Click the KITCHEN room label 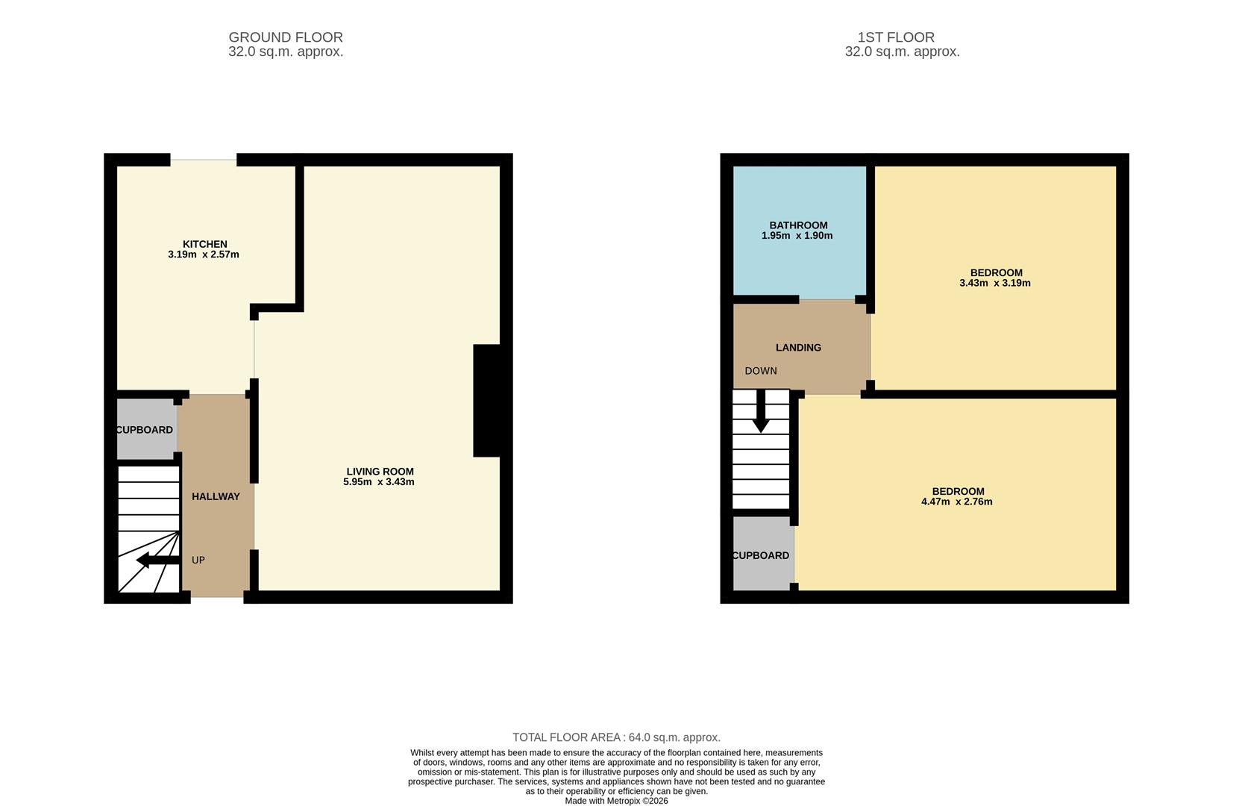click(x=204, y=244)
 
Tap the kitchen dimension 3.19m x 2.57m click(x=204, y=254)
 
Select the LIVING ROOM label click(x=380, y=472)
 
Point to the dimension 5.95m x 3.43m click(x=378, y=482)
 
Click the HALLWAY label click(x=216, y=496)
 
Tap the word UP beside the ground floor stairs click(x=198, y=560)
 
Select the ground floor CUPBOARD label click(x=145, y=430)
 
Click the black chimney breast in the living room click(x=486, y=400)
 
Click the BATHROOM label click(x=798, y=225)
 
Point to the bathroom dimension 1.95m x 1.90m click(x=797, y=236)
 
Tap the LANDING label click(x=798, y=348)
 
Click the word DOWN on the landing click(x=761, y=371)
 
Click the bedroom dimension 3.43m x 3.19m click(x=994, y=284)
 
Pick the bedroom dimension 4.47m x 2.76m click(x=956, y=502)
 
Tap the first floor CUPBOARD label click(x=761, y=555)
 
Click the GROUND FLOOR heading click(x=286, y=37)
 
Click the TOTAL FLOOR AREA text click(x=616, y=737)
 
